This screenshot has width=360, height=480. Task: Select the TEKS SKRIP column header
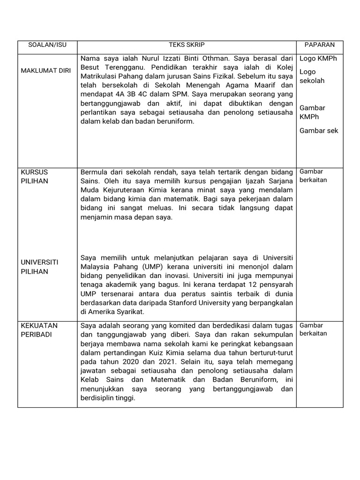click(187, 45)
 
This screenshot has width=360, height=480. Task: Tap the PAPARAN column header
click(319, 45)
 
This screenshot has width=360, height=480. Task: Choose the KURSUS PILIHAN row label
click(35, 176)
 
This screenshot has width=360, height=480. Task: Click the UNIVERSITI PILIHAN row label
click(39, 267)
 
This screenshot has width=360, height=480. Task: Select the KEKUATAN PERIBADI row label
click(40, 330)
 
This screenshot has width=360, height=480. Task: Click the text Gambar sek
click(319, 130)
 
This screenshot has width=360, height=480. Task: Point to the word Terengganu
click(121, 67)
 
